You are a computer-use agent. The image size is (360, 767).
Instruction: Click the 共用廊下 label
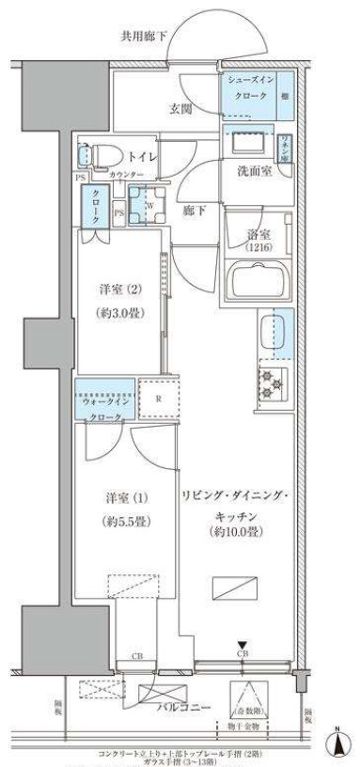pyautogui.click(x=144, y=37)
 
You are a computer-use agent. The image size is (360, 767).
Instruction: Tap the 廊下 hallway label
pyautogui.click(x=195, y=211)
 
